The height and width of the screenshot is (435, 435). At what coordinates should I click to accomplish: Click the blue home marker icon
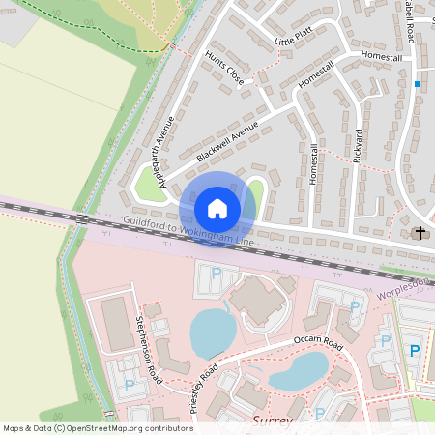(217, 209)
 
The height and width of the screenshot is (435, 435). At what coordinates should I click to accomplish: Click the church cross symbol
(420, 233)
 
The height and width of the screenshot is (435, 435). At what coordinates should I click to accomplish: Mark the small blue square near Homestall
(418, 84)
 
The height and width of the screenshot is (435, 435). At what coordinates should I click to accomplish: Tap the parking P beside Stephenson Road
(130, 385)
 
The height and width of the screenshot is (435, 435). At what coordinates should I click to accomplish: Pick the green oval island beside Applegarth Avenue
(151, 183)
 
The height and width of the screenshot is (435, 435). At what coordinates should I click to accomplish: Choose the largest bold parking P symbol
(416, 351)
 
